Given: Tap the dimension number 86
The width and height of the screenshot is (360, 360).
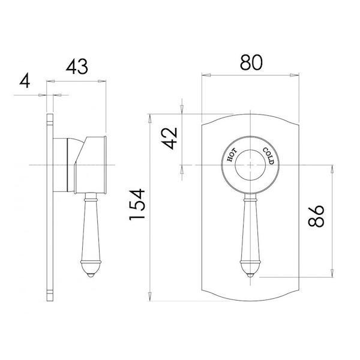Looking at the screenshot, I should tap(316, 216).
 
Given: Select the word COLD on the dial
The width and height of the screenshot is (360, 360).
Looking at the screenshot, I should tap(266, 156).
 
